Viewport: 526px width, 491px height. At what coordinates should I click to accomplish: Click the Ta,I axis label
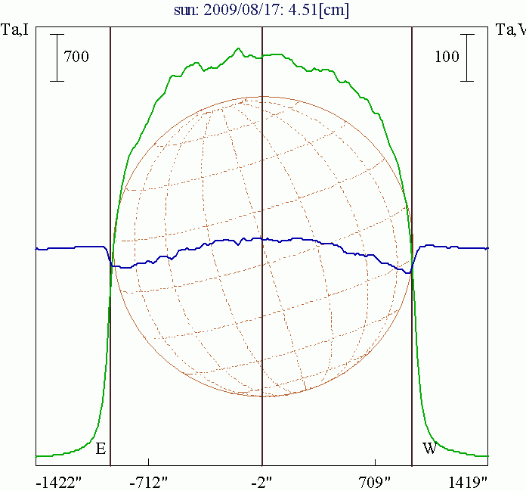coord(16,30)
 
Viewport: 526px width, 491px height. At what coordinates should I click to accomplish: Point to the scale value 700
coord(76,57)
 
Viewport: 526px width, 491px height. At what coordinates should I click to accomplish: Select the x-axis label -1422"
coord(58,481)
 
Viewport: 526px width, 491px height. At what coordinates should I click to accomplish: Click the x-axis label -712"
coord(148,481)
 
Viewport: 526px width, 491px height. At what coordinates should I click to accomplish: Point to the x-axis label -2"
coord(261,481)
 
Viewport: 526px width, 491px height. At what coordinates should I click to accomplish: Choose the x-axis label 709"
coord(375,481)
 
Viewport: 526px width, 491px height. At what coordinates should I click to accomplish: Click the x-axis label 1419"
coord(466,481)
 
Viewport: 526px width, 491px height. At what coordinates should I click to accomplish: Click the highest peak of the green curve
coord(239,49)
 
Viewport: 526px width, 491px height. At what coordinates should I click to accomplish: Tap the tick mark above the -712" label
coord(149,461)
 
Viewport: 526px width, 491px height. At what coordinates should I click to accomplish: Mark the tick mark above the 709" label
coord(375,461)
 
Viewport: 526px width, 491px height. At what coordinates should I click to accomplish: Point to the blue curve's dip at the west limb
coord(408,272)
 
